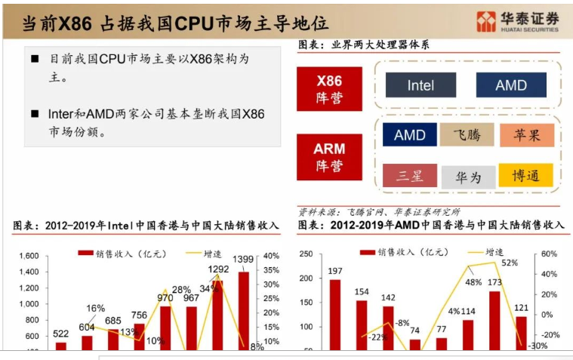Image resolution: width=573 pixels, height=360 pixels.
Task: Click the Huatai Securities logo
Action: tap(517, 21)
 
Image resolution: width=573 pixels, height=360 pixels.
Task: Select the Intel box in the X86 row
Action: tap(421, 85)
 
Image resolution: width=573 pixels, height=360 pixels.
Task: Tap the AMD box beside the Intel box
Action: tap(511, 85)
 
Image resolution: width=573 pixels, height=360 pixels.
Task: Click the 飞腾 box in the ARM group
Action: tap(467, 135)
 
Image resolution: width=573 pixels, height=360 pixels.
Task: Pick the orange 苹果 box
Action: tap(526, 135)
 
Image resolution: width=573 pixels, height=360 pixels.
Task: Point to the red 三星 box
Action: tap(409, 176)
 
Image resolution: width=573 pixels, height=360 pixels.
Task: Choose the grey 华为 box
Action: tap(468, 177)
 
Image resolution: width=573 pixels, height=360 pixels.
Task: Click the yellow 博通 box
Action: tap(525, 176)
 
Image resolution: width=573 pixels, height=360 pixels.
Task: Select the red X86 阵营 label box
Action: tap(328, 89)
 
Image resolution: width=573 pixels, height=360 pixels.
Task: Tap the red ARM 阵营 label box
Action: tap(328, 157)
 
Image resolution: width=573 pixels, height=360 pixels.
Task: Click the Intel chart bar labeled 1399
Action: tap(243, 311)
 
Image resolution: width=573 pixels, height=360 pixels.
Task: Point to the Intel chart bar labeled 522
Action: tap(61, 346)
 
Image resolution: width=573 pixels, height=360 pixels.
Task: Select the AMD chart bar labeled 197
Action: tap(335, 314)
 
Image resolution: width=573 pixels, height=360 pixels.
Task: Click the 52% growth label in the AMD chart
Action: tap(509, 263)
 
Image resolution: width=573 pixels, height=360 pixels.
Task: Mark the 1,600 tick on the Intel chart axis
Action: tap(28, 256)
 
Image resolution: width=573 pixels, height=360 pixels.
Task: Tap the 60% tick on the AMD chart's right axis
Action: tap(549, 255)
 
